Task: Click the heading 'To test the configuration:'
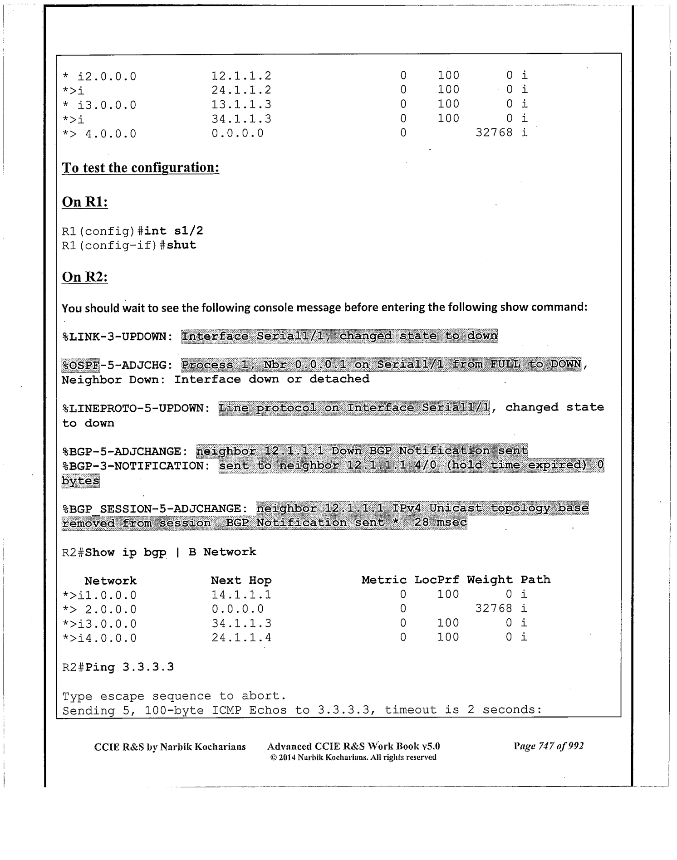pos(141,168)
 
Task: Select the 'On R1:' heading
pos(85,202)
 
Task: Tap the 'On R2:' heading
pos(85,277)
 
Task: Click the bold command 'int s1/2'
pos(174,231)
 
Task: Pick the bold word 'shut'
pos(182,245)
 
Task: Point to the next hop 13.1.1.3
pos(241,104)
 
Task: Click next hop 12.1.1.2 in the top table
pos(241,76)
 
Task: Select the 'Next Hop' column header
pos(241,580)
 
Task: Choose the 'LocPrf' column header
pos(436,580)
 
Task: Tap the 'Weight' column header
pos(490,580)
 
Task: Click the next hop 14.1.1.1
pos(241,595)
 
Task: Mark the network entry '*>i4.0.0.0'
pos(99,638)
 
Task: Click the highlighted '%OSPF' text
pos(80,365)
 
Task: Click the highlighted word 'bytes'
pos(80,481)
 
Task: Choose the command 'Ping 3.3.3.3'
pos(130,667)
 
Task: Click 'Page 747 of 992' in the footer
pos(549,746)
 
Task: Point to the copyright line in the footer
pos(353,757)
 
